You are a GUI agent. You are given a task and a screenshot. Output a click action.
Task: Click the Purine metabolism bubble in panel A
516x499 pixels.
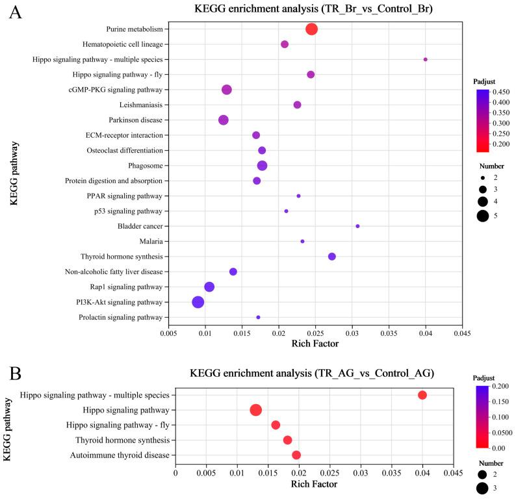coord(311,29)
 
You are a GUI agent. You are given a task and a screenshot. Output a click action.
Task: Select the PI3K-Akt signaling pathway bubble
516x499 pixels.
coord(198,302)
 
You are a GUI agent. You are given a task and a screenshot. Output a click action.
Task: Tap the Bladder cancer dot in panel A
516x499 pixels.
coord(357,226)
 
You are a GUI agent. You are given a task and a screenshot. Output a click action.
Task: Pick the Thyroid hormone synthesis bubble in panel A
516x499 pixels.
coord(332,257)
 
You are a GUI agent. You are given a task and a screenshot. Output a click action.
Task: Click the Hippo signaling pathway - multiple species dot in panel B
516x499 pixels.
coord(422,395)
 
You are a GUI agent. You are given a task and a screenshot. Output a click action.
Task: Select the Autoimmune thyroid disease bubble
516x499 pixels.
coord(296,455)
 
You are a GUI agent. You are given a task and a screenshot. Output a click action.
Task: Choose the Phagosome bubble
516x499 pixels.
coord(262,166)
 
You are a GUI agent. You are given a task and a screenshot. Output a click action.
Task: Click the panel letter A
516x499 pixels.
coord(14,13)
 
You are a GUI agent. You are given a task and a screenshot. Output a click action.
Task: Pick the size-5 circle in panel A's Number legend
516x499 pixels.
coord(482,216)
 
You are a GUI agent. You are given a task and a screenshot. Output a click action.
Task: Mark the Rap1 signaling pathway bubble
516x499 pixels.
coord(209,287)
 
